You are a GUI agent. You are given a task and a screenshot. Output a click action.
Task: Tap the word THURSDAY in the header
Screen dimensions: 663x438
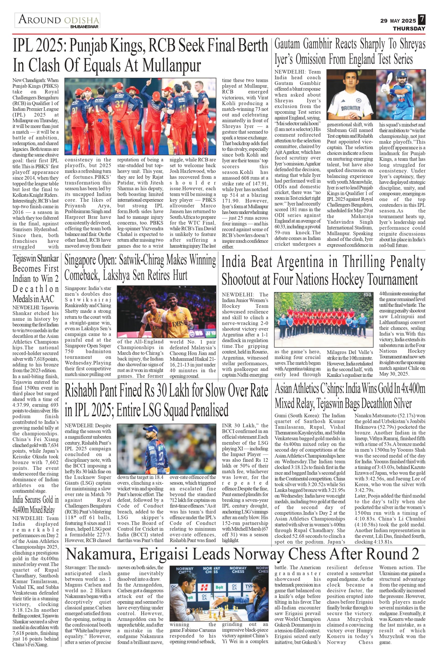pyautogui.click(x=409, y=29)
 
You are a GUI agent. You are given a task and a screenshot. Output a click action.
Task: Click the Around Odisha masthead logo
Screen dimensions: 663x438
pyautogui.click(x=58, y=21)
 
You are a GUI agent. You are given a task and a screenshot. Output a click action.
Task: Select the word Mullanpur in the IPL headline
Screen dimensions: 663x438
pyautogui.click(x=172, y=65)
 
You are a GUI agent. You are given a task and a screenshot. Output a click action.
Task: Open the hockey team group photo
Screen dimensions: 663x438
pyautogui.click(x=324, y=320)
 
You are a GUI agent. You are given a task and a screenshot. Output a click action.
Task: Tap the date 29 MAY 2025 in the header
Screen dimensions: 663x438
pyautogui.click(x=398, y=21)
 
